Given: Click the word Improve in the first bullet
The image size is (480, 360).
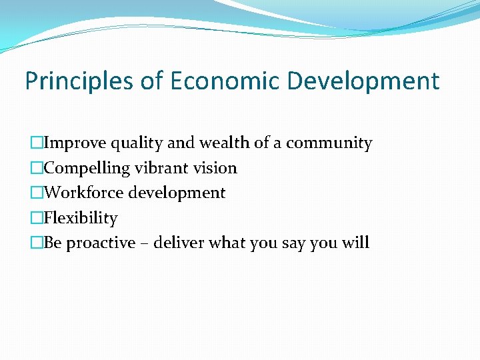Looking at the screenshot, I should tap(74, 143).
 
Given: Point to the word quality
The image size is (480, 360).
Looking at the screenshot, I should tap(136, 143).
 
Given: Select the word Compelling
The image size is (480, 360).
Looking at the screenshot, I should tap(85, 168).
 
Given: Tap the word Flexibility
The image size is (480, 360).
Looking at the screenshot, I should tap(81, 218).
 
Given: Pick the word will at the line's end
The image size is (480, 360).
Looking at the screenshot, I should tap(354, 243).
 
